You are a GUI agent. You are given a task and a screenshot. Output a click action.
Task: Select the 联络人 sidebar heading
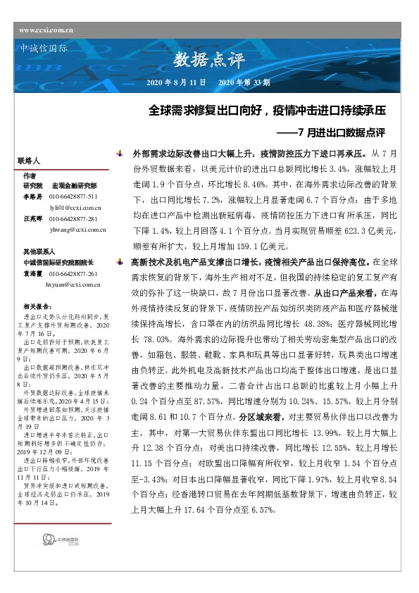34,161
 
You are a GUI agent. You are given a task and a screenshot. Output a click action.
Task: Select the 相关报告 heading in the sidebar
37,307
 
